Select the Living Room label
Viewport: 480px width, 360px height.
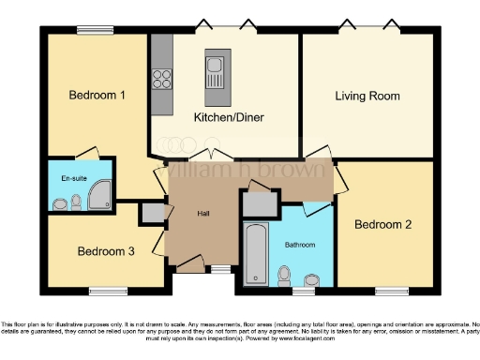click(367, 96)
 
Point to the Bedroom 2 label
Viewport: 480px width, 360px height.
click(383, 225)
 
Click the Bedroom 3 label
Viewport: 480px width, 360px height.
click(106, 251)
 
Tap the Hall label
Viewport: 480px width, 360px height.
click(203, 214)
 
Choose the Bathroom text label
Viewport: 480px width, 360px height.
click(300, 245)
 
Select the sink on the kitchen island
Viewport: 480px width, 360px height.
click(215, 66)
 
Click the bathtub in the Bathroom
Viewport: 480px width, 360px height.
click(254, 254)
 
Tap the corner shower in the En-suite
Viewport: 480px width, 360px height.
click(98, 193)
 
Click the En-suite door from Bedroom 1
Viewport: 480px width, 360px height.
click(88, 153)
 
